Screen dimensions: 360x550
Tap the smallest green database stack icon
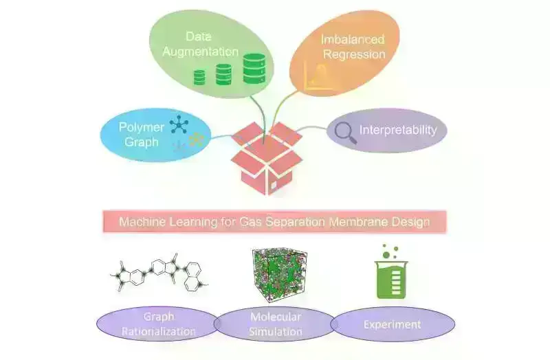[x=199, y=77]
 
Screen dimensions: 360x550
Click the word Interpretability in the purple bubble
[x=398, y=130]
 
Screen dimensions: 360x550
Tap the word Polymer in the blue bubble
[x=141, y=127]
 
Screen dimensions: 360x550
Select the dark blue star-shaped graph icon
[x=179, y=125]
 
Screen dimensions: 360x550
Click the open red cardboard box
[x=266, y=159]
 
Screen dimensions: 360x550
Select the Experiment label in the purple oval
[x=393, y=324]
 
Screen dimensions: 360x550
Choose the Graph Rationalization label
[x=159, y=324]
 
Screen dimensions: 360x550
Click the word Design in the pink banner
[x=410, y=223]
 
